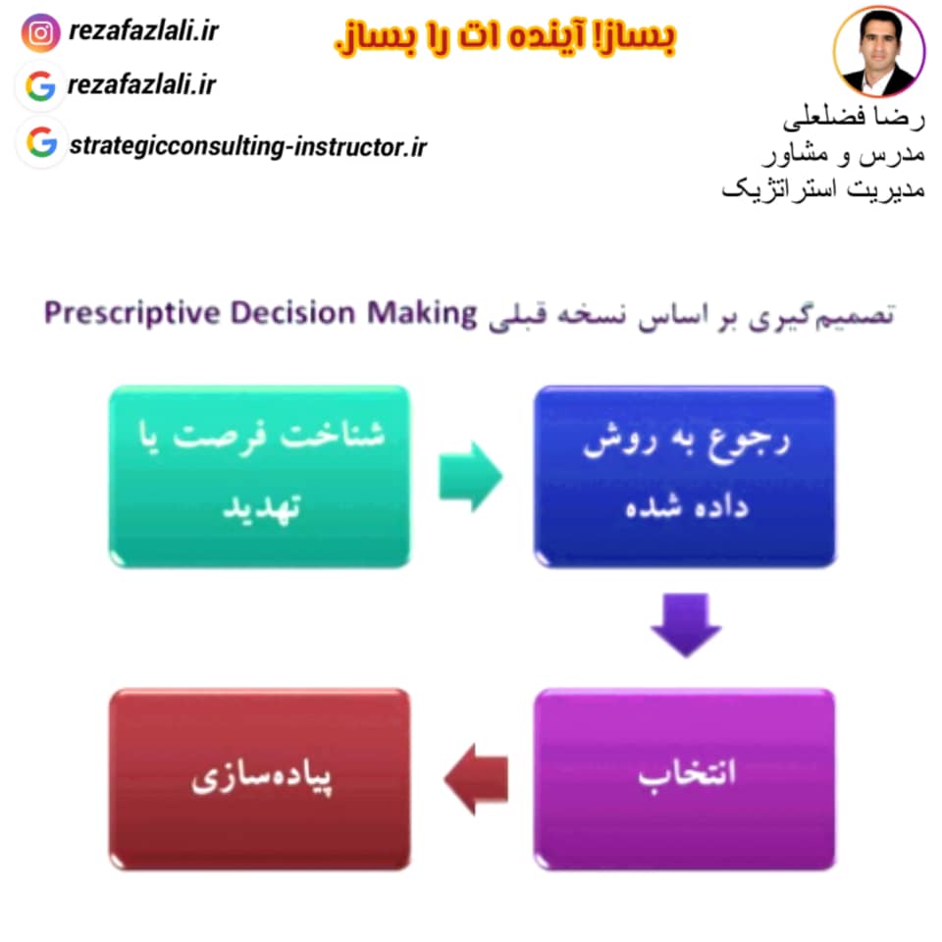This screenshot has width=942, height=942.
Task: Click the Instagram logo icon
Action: coord(40,32)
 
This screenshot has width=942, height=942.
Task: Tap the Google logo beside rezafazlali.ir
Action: coord(40,86)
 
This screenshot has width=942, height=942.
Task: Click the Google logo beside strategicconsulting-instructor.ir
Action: coord(41,142)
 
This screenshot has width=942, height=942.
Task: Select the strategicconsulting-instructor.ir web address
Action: coord(247,146)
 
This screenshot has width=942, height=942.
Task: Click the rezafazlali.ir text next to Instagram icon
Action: coord(143,30)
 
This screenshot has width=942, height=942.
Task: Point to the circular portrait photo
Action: coord(879,52)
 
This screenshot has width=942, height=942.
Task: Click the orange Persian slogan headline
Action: coord(505,38)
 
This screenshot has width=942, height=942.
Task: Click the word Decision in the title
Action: coord(293,313)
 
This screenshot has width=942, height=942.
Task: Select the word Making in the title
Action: coord(422,314)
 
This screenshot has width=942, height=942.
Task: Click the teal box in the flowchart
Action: coord(259,477)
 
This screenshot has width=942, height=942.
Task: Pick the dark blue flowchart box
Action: coord(684,477)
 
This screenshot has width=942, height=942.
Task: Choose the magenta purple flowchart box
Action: coord(684,778)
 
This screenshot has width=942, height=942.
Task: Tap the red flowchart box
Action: coord(259,778)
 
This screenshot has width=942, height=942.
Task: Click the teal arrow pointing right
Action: coord(470,477)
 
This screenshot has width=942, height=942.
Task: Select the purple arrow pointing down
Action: coord(686,625)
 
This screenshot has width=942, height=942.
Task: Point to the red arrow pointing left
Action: coord(476,778)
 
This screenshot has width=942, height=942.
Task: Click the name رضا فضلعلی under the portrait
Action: coord(853,117)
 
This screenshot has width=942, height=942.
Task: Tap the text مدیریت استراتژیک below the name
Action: coord(823,189)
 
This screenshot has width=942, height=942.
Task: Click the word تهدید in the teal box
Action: coord(261,509)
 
